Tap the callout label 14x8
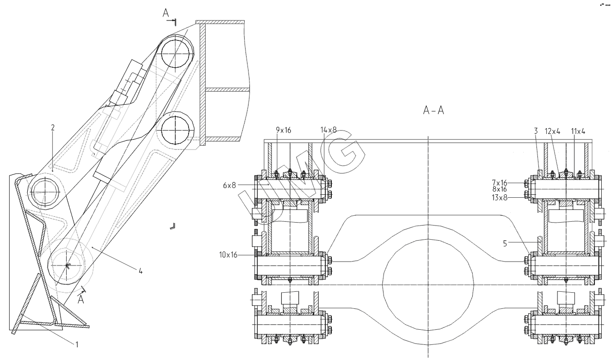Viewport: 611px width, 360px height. pos(328,130)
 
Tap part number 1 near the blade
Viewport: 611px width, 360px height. pos(76,343)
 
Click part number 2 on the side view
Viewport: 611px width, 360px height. pos(53,128)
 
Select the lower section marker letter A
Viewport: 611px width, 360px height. pos(81,299)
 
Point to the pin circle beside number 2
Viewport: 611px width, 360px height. pos(45,192)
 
